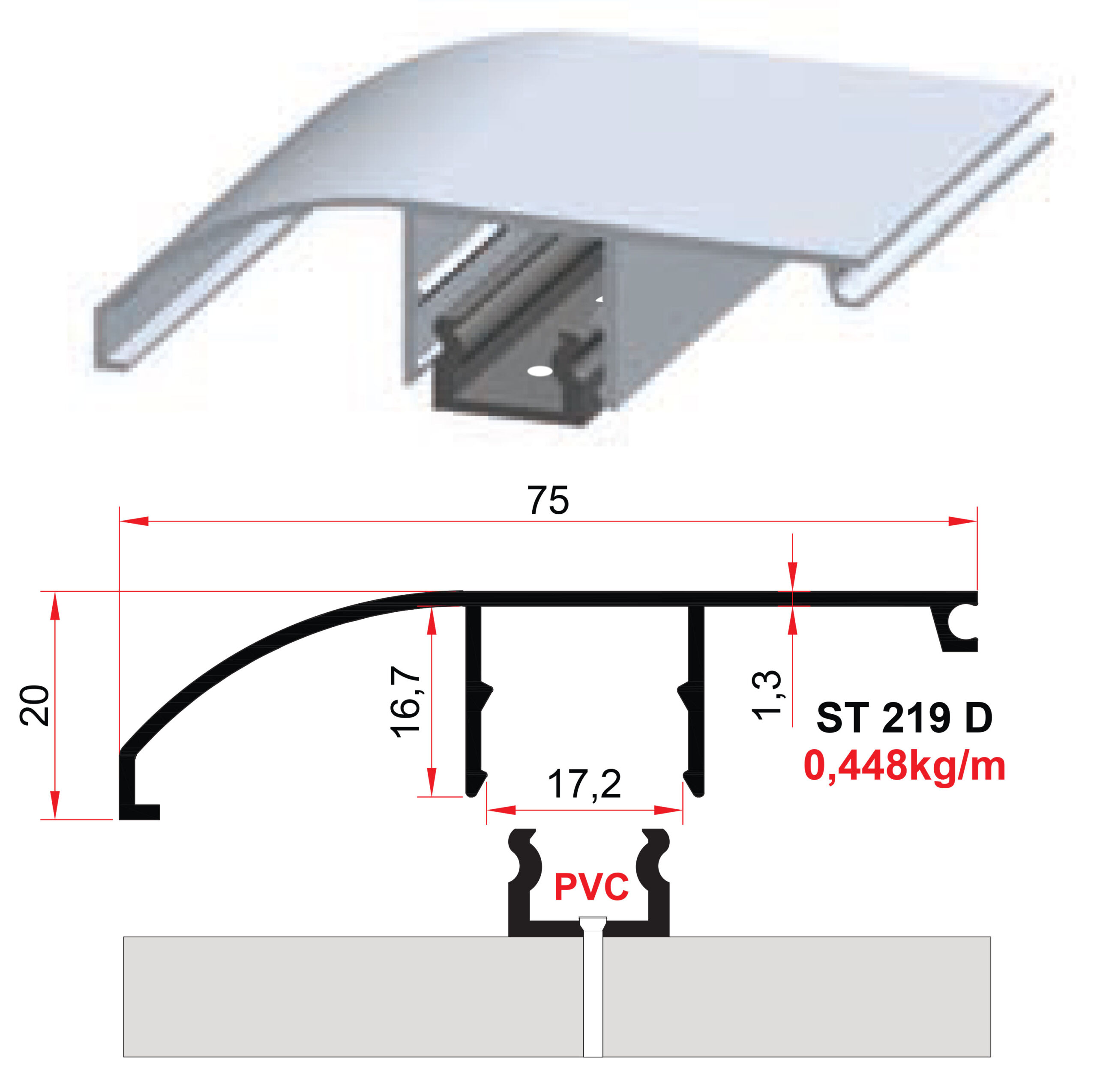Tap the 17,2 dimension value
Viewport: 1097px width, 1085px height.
tap(584, 784)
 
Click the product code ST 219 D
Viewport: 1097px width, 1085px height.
tap(905, 718)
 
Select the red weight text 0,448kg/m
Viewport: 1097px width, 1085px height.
tap(905, 766)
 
